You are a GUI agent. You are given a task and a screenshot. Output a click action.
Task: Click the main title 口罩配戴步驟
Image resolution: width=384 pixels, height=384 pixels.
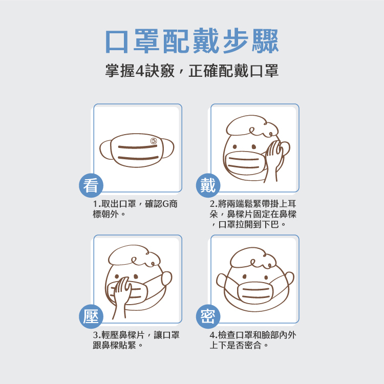pos(192,41)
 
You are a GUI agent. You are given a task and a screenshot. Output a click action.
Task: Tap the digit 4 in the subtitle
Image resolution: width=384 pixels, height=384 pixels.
pos(139,71)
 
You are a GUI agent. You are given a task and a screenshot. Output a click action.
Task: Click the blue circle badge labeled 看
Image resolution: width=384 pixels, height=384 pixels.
pos(91,185)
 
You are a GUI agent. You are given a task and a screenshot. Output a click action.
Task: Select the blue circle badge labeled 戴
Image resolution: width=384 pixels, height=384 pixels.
pos(208,185)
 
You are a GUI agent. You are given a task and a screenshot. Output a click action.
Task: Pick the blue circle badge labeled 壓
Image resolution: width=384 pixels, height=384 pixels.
pos(91,316)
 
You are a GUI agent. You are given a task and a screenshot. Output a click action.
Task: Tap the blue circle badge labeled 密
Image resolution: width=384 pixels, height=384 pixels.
pos(208,316)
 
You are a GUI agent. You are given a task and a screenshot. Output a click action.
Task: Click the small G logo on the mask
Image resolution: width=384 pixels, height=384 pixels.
pos(154,141)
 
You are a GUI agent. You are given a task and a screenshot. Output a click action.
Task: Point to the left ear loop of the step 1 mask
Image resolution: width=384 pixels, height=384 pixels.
pos(105,150)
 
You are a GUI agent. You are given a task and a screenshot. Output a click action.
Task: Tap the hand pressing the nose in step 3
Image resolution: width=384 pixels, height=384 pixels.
pos(122,296)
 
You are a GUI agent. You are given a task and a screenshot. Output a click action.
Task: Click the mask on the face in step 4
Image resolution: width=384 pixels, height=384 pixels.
pos(255,292)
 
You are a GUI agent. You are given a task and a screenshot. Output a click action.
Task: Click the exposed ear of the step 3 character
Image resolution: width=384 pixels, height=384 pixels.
pos(166,278)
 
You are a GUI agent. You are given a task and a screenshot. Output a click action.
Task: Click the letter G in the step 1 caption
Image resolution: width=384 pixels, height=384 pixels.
pos(165,204)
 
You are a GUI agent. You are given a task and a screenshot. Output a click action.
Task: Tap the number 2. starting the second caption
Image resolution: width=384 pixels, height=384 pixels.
pos(214,204)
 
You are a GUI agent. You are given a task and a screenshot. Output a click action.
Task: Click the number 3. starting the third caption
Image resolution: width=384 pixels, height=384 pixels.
pos(97,335)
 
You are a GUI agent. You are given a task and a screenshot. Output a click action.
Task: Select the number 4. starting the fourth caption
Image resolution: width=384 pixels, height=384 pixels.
pos(214,335)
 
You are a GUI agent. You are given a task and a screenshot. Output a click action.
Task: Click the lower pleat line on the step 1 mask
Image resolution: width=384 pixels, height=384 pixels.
pos(138,158)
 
